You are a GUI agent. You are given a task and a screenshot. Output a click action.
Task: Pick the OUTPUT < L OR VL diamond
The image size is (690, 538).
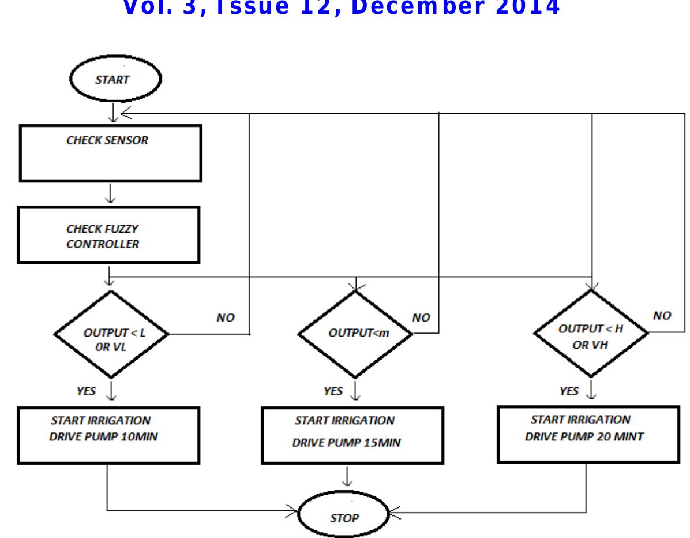pos(111,334)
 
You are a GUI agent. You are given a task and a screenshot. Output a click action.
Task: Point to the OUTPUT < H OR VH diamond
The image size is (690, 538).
pos(590,333)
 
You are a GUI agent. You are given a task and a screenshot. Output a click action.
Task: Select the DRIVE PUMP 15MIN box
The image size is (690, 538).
pos(345,436)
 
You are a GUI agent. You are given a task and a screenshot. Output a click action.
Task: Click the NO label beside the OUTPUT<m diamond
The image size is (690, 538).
pos(422,317)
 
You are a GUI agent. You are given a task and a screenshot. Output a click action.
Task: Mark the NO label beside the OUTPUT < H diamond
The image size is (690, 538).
pos(662,316)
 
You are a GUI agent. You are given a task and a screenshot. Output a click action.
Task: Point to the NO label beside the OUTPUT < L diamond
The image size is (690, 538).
pos(226,318)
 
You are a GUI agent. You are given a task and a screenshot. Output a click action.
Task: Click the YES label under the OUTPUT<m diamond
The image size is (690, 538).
pos(333,391)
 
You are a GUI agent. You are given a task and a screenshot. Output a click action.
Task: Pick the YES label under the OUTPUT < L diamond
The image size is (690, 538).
pos(87,391)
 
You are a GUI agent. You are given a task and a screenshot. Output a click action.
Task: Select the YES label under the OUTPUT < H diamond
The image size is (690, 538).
pos(569,391)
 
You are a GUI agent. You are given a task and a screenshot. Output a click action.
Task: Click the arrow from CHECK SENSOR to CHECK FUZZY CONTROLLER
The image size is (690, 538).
pos(110,193)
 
